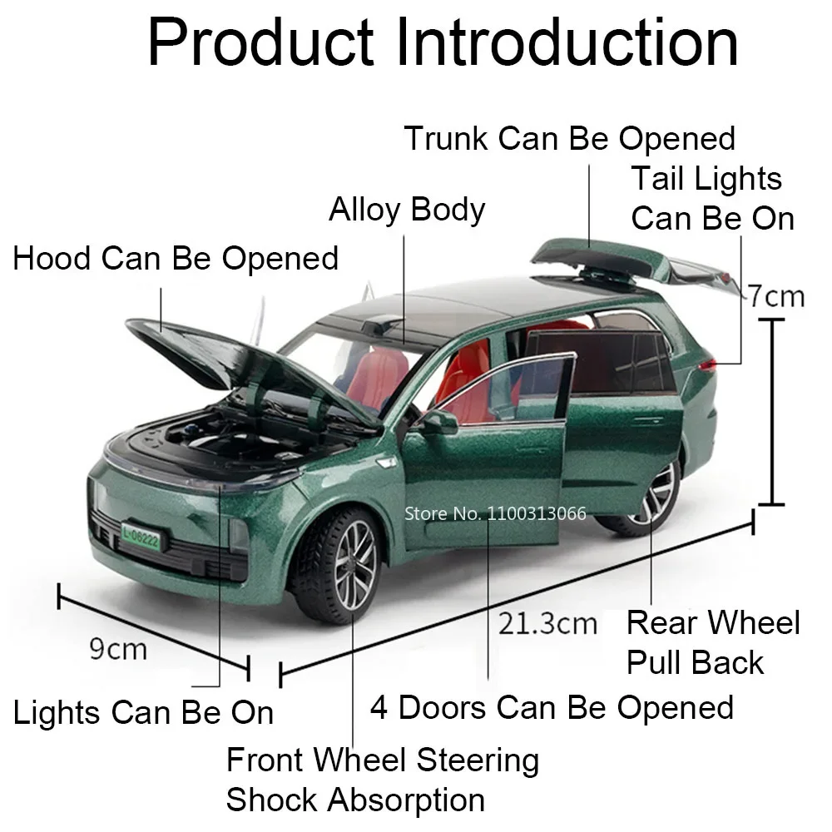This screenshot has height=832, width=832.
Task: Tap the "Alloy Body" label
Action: coord(406,210)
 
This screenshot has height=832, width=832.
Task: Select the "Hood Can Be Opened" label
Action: coord(176,258)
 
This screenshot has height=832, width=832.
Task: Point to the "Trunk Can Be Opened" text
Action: coord(570,138)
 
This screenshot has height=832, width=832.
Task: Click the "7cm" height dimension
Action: coord(775,295)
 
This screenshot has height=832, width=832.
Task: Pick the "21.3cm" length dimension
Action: coord(548,622)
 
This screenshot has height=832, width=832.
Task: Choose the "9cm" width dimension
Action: coord(118,648)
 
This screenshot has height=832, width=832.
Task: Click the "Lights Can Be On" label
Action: coord(143,712)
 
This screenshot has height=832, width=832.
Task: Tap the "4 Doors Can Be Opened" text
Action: coord(552,707)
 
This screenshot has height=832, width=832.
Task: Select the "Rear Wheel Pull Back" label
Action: coord(712,642)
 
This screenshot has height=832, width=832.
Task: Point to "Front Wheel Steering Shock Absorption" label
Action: coord(383,780)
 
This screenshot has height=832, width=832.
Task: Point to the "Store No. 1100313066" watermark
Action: coord(495,513)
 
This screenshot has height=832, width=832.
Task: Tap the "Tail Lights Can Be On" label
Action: coord(712,198)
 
